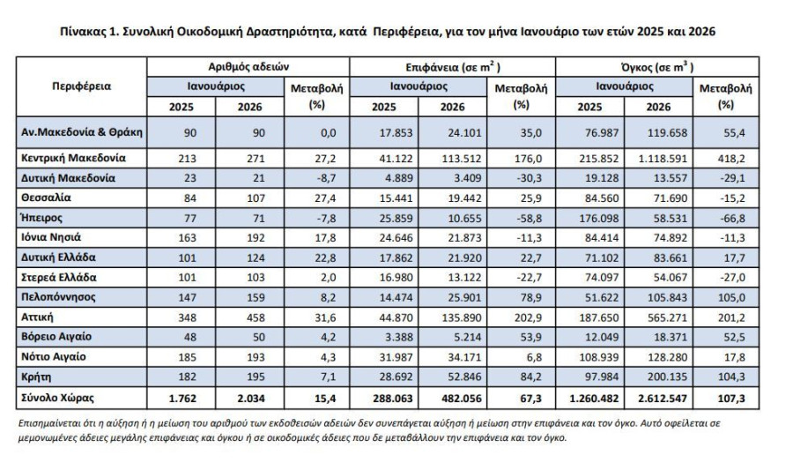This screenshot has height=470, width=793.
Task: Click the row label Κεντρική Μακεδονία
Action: [73, 158]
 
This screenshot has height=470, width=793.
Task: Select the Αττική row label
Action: [37, 317]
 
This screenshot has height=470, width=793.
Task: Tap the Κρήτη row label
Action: [36, 377]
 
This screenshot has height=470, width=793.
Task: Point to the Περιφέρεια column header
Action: [81, 86]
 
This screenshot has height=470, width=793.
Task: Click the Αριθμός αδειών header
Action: [248, 67]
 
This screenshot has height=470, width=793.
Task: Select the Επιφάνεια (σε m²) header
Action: [453, 67]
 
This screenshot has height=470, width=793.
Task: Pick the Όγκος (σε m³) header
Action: [657, 67]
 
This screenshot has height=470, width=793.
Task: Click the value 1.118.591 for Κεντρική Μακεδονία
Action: [663, 159]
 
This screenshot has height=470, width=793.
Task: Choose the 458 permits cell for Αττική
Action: [256, 317]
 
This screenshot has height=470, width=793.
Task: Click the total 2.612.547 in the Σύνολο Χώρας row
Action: [663, 399]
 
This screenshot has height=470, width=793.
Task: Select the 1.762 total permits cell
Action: [182, 399]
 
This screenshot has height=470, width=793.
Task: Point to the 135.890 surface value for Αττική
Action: [461, 317]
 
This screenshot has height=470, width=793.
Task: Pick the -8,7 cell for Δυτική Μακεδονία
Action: [324, 178]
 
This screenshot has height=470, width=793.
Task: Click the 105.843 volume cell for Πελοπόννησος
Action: [668, 297]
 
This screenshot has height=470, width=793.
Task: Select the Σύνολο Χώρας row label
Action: [57, 398]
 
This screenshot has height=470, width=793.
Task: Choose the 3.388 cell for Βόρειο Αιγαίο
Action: [399, 338]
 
